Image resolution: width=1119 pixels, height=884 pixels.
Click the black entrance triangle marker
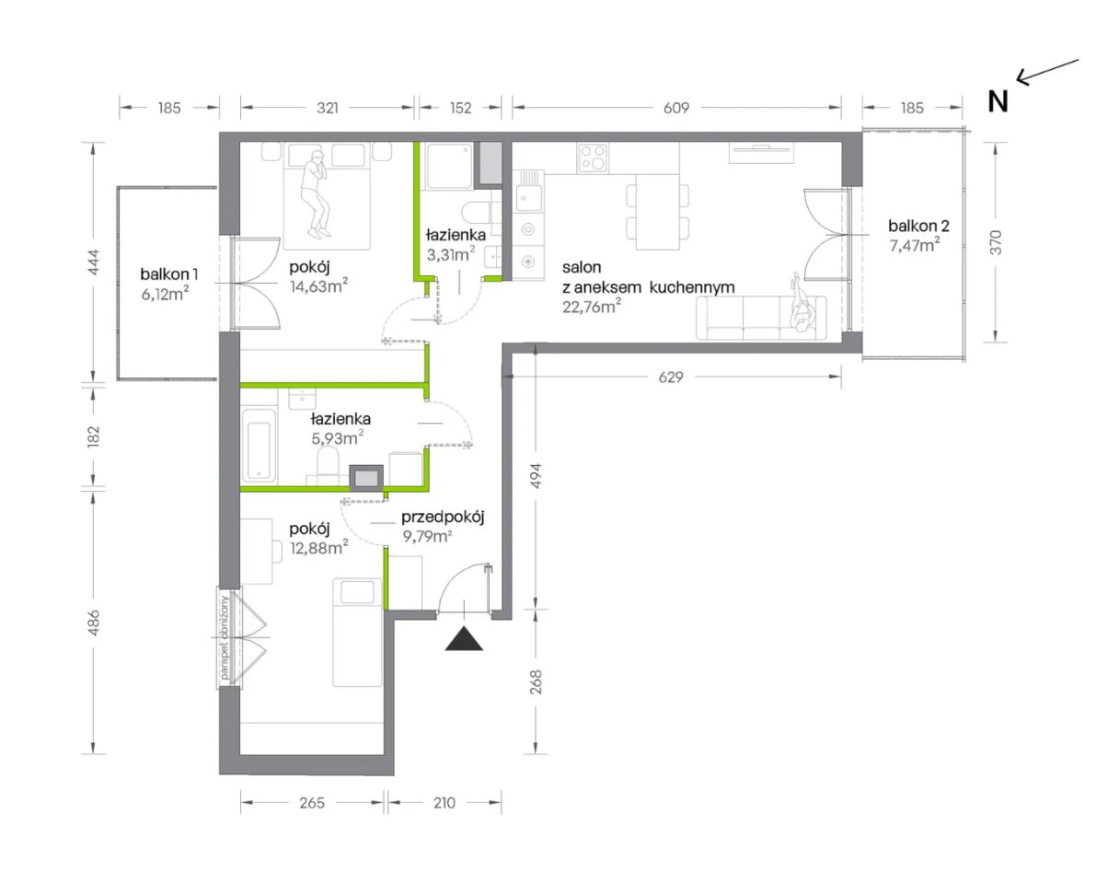click(x=464, y=640)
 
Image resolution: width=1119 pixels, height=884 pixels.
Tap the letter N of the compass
click(x=998, y=102)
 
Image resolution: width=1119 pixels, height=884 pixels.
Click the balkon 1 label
click(x=169, y=274)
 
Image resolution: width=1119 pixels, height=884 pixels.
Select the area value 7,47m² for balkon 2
click(x=914, y=245)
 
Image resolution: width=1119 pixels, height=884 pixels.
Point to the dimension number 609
click(x=676, y=108)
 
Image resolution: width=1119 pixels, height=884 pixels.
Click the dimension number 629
click(x=670, y=377)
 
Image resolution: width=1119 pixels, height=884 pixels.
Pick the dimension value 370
click(x=996, y=242)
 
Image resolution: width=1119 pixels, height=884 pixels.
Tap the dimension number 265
click(x=312, y=803)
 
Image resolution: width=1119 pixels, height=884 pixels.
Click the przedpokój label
click(x=443, y=518)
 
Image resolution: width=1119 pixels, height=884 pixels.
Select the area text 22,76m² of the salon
click(x=592, y=306)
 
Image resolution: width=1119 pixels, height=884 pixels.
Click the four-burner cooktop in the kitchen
click(x=593, y=157)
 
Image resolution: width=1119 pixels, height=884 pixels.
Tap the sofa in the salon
click(x=761, y=318)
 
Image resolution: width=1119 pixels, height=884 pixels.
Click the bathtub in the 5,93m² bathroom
click(x=259, y=445)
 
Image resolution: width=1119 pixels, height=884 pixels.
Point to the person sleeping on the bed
click(x=316, y=194)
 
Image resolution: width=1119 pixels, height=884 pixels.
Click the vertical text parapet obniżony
click(x=225, y=637)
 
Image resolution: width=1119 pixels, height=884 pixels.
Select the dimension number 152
click(x=460, y=108)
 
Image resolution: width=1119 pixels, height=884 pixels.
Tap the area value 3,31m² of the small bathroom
click(x=450, y=254)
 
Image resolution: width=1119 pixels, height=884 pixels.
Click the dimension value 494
click(x=536, y=475)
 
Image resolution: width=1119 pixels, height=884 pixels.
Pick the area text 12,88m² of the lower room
click(x=318, y=548)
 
